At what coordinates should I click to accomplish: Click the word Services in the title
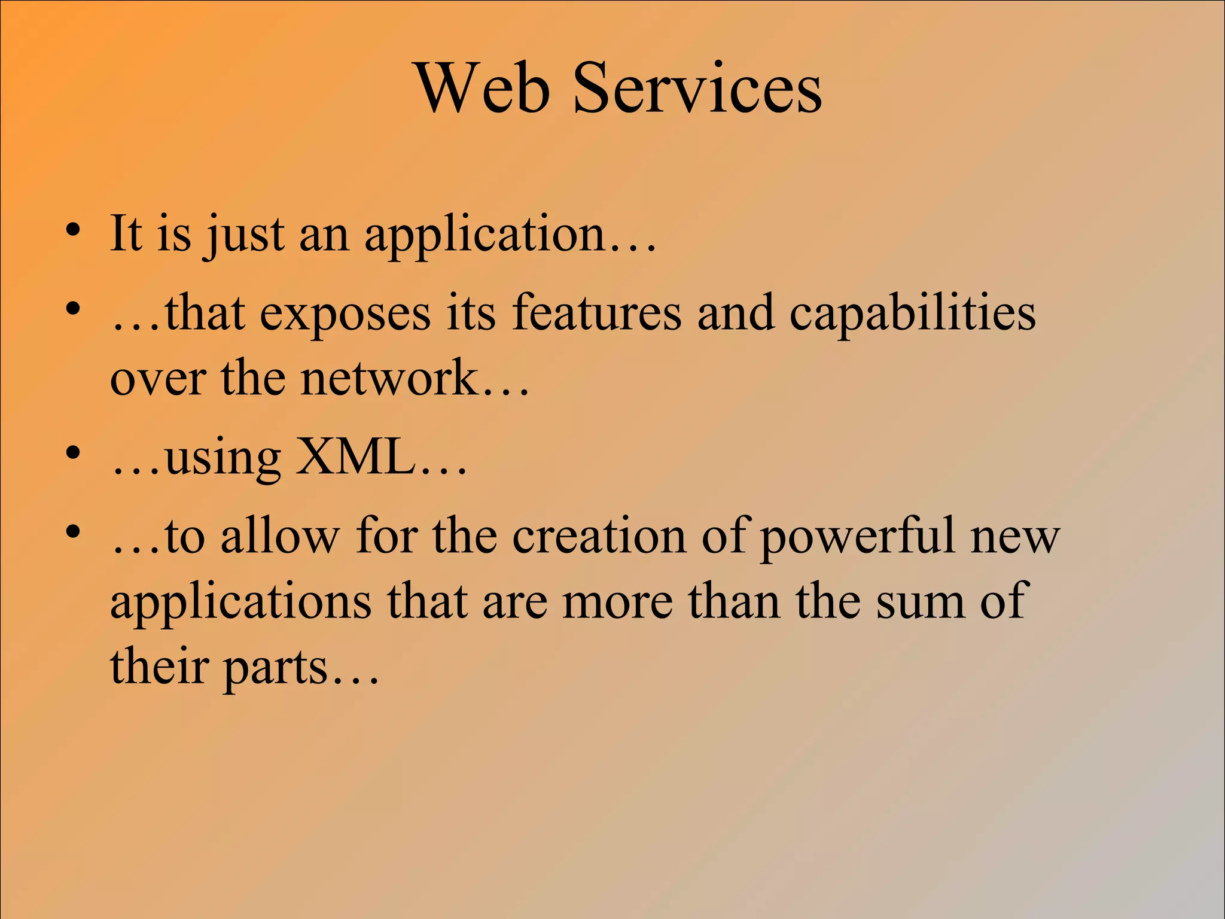697,88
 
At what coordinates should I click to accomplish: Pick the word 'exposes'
345,314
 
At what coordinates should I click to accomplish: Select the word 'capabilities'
912,314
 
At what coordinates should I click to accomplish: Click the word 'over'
158,379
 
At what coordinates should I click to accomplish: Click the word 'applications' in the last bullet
241,602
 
